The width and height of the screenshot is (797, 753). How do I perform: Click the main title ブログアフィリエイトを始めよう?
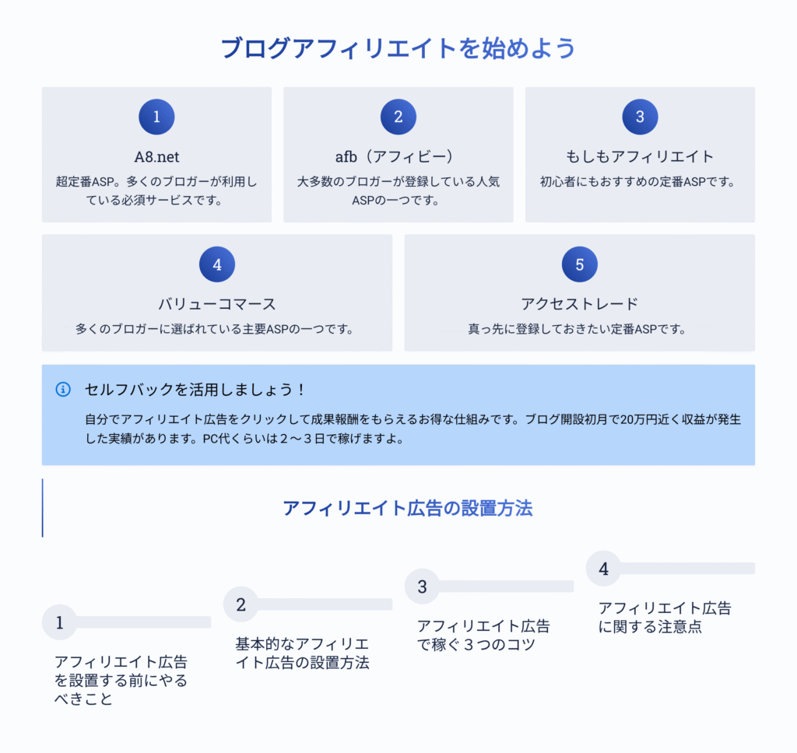click(398, 49)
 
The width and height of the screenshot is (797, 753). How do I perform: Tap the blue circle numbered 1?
click(156, 117)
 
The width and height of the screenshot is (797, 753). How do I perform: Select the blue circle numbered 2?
click(398, 117)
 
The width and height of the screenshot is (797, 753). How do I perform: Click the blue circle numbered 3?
click(640, 117)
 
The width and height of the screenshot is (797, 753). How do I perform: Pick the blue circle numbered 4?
click(217, 264)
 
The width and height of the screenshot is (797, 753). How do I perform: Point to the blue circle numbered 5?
click(579, 264)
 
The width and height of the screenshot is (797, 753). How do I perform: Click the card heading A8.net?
click(156, 157)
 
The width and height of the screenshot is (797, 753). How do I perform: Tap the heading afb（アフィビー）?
click(395, 156)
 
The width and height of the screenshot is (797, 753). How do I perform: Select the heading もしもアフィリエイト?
click(640, 156)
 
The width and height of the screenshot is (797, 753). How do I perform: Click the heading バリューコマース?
click(217, 304)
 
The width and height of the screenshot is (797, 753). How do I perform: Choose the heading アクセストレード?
click(579, 304)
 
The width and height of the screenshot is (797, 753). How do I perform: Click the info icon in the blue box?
click(63, 390)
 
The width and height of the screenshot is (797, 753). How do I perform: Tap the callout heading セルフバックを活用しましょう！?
click(195, 390)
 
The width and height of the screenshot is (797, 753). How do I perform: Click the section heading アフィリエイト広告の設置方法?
click(408, 508)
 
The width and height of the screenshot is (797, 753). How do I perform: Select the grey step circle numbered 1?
click(59, 622)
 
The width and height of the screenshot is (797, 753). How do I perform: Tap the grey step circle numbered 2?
click(241, 604)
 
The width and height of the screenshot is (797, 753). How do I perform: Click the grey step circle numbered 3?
click(422, 587)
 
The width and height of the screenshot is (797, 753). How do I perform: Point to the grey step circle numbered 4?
click(603, 569)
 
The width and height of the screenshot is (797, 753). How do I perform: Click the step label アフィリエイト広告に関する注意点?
click(665, 618)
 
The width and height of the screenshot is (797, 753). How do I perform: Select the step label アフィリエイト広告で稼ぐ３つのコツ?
click(483, 635)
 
